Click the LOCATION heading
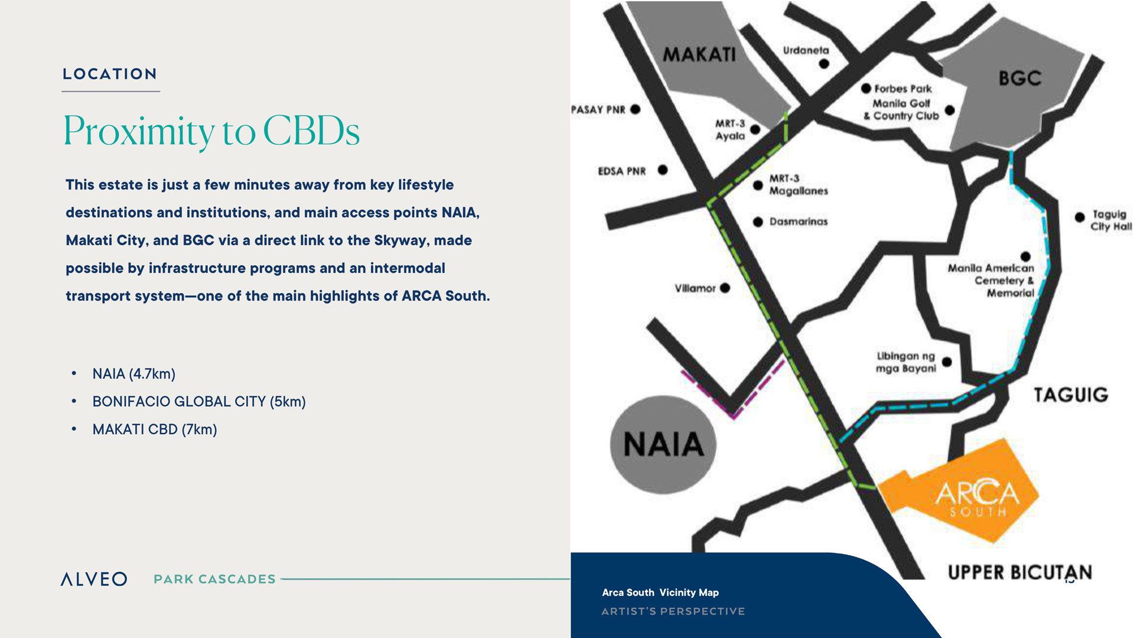click(x=110, y=74)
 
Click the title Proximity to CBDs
click(x=211, y=131)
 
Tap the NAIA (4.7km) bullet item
click(x=133, y=374)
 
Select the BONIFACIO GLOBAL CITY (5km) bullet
click(x=199, y=402)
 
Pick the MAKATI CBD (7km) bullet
click(x=155, y=429)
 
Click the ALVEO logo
click(x=94, y=579)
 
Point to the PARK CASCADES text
click(x=214, y=579)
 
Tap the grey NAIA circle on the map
click(x=663, y=444)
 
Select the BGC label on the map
click(x=1019, y=78)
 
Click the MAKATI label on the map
click(x=699, y=54)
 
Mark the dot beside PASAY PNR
click(x=636, y=109)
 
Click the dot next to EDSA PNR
click(x=663, y=170)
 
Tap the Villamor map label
click(x=695, y=288)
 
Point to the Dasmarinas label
click(x=799, y=222)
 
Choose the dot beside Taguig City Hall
click(x=1080, y=217)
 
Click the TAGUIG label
click(x=1071, y=395)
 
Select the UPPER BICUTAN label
click(x=1020, y=572)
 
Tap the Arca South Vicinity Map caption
click(x=660, y=593)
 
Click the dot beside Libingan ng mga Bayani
click(x=947, y=362)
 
